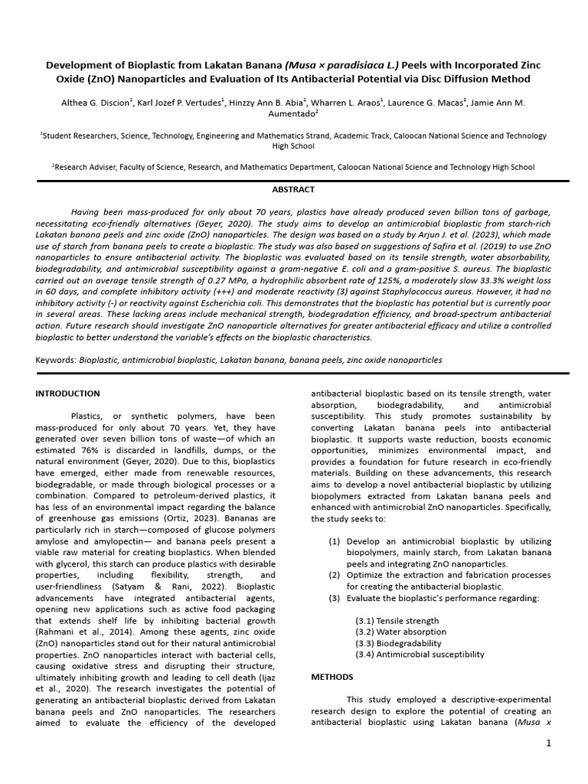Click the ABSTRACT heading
[293, 189]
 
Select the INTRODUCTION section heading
[67, 394]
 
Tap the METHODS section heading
[332, 677]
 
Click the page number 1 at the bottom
[549, 743]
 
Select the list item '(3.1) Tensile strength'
[397, 621]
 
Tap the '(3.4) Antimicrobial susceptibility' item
[420, 655]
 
